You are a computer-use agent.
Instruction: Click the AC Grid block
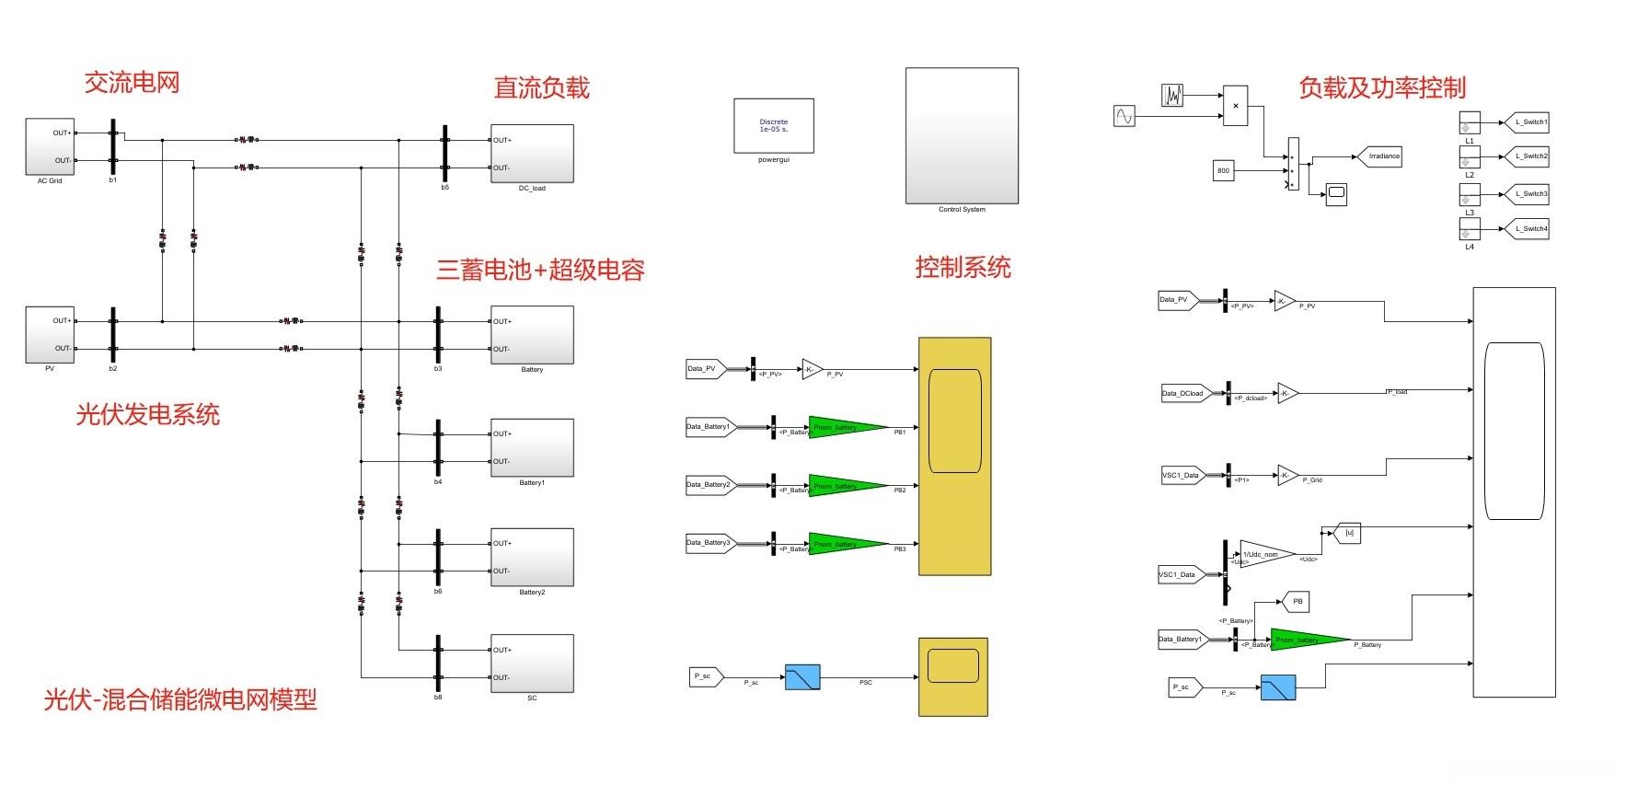[x=50, y=146]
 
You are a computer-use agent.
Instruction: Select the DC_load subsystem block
[x=532, y=154]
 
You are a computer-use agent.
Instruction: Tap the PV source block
[x=50, y=335]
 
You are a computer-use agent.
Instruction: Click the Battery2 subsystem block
[x=532, y=557]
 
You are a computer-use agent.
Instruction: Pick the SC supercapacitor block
[x=532, y=664]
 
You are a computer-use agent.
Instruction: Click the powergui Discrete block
[x=774, y=126]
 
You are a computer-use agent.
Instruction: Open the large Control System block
[x=962, y=135]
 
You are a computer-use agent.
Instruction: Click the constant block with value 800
[x=1223, y=170]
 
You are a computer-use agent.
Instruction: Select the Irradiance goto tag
[x=1381, y=156]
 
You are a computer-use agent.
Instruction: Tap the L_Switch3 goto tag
[x=1528, y=194]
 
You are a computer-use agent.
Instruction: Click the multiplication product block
[x=1235, y=106]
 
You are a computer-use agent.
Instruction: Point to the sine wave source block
[x=1124, y=116]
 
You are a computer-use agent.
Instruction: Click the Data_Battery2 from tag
[x=709, y=485]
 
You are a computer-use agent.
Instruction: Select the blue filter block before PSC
[x=802, y=677]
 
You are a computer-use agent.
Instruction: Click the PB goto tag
[x=1296, y=602]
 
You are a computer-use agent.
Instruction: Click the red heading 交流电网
[x=132, y=83]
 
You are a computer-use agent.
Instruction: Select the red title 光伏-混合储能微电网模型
[x=180, y=700]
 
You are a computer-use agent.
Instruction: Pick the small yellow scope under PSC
[x=953, y=676]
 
